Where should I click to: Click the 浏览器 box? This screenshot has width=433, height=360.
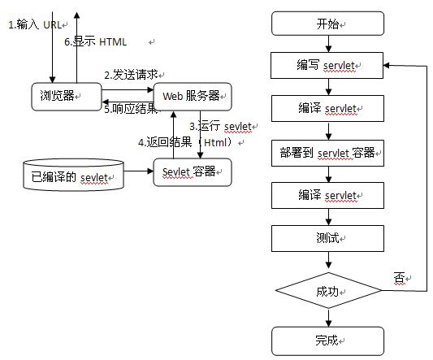pyautogui.click(x=67, y=97)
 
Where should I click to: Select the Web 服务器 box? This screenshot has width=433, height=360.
pyautogui.click(x=193, y=97)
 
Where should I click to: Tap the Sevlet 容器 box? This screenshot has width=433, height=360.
pyautogui.click(x=193, y=172)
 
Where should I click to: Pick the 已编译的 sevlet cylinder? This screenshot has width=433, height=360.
pyautogui.click(x=73, y=175)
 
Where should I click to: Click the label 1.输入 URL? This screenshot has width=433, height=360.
pyautogui.click(x=35, y=25)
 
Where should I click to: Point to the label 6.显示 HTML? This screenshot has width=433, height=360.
pyautogui.click(x=96, y=42)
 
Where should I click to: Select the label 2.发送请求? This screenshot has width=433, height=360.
pyautogui.click(x=131, y=75)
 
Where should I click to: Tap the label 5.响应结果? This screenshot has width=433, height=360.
pyautogui.click(x=131, y=109)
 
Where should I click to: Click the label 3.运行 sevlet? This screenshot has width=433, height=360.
pyautogui.click(x=220, y=127)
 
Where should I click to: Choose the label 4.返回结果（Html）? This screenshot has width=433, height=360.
pyautogui.click(x=185, y=142)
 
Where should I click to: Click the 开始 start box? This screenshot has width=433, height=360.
pyautogui.click(x=327, y=24)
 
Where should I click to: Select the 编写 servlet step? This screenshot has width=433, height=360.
pyautogui.click(x=327, y=66)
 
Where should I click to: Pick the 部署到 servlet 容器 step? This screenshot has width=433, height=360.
pyautogui.click(x=327, y=153)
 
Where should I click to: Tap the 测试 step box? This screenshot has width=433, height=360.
pyautogui.click(x=327, y=238)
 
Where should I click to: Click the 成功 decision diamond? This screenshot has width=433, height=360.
pyautogui.click(x=329, y=290)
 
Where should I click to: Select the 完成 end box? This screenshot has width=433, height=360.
pyautogui.click(x=327, y=341)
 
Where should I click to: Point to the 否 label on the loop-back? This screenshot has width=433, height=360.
pyautogui.click(x=399, y=277)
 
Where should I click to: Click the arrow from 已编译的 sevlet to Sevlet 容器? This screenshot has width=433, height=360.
pyautogui.click(x=139, y=171)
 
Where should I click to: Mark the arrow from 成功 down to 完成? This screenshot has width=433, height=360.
pyautogui.click(x=329, y=318)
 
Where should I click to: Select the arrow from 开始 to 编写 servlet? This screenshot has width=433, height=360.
pyautogui.click(x=328, y=44)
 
